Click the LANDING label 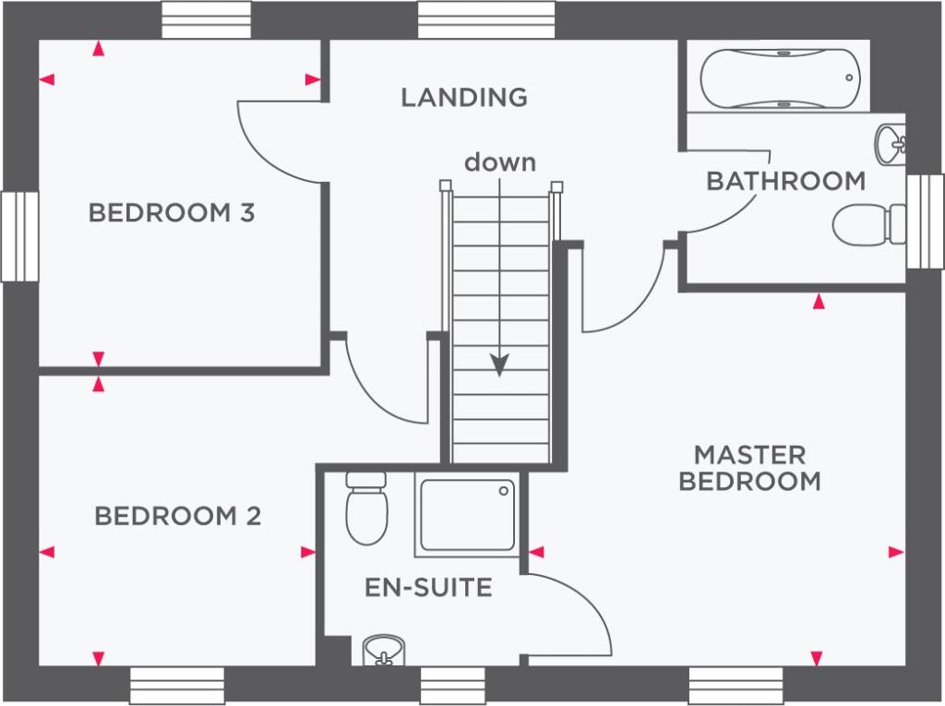464,97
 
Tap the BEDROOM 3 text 172,212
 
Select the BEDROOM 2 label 178,516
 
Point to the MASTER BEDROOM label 749,469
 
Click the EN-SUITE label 428,587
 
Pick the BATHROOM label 786,181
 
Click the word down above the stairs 500,162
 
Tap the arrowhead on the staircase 499,365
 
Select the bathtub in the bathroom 781,78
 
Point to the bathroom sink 891,145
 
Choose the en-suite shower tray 467,515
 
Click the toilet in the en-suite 366,509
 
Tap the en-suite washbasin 383,651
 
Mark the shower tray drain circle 504,491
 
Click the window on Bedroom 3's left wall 20,236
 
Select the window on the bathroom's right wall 925,221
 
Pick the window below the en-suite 452,686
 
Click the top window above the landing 486,20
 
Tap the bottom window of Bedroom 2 177,686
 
